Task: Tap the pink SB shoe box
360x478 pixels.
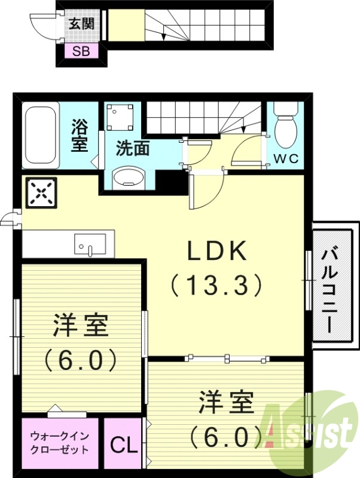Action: pos(81,51)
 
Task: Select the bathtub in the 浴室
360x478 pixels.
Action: pos(41,137)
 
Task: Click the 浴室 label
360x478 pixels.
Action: pos(80,136)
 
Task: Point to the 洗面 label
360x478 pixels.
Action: pos(132,149)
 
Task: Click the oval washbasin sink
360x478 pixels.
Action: pos(130,178)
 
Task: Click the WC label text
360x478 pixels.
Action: pos(286,158)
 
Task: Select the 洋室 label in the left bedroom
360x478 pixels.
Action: pos(80,326)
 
